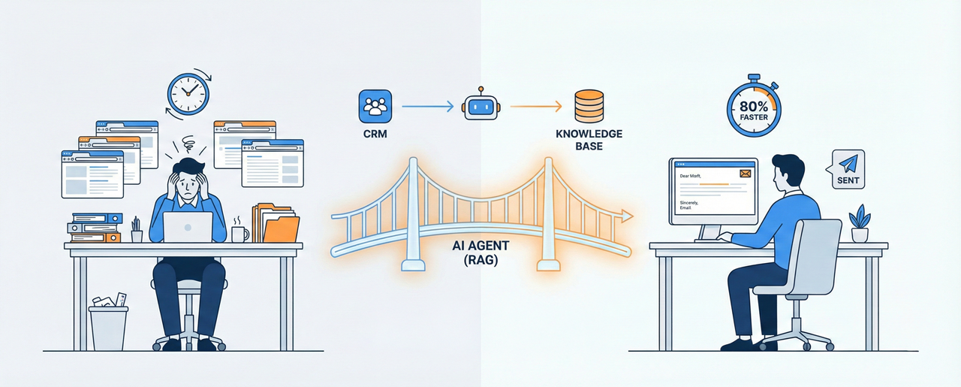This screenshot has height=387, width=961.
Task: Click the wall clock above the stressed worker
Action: point(187,94)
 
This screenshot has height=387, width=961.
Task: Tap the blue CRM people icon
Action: point(373,106)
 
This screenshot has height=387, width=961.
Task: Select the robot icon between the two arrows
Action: point(481,106)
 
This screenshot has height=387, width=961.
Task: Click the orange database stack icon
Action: point(588,107)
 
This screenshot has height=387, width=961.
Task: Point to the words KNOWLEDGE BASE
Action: point(589,140)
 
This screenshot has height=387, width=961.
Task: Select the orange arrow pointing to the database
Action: point(535,106)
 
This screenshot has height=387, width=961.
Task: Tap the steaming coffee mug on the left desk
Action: point(239,233)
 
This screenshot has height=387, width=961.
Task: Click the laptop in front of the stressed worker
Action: point(188,227)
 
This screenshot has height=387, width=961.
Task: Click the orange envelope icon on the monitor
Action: point(745,174)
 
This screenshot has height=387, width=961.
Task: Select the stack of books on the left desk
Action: point(96,228)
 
